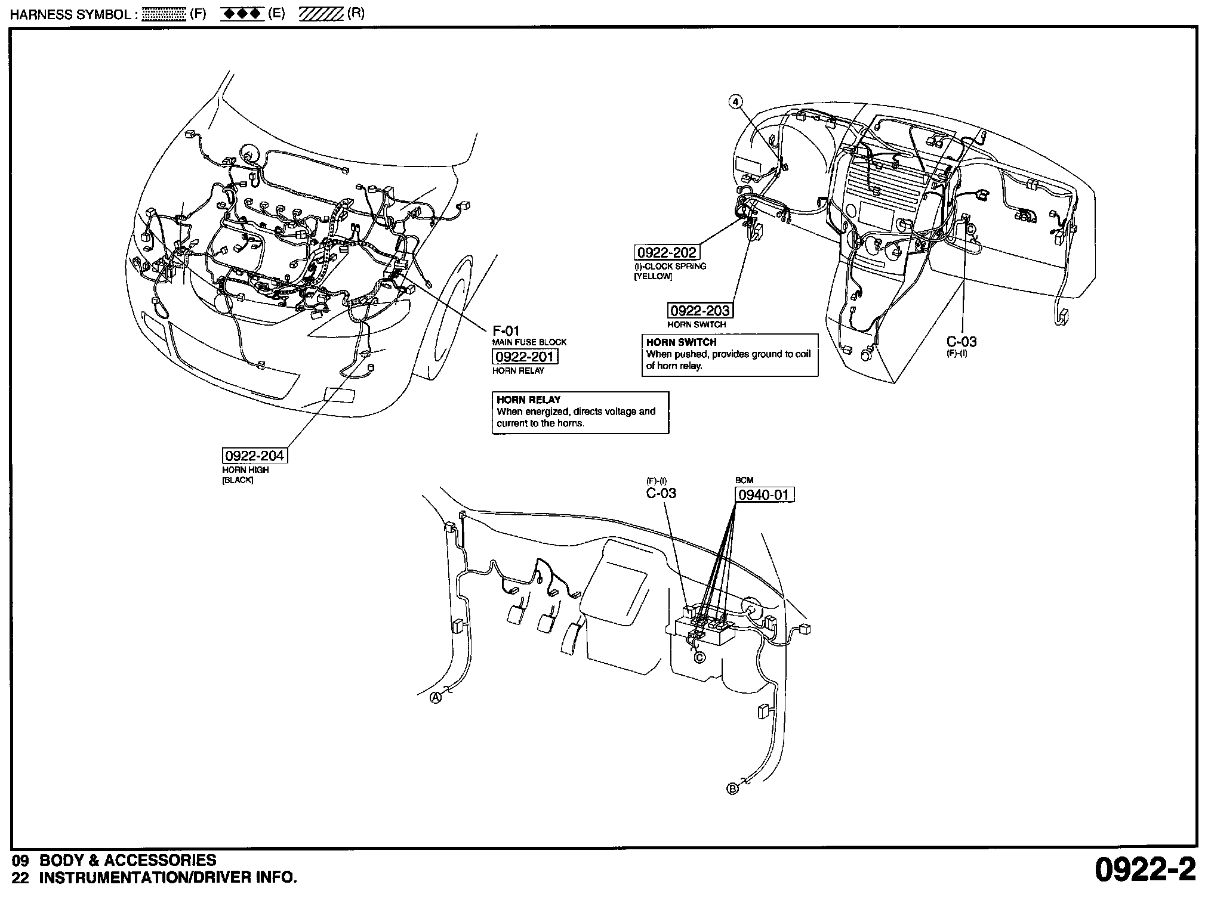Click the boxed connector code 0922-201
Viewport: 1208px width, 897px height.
525,357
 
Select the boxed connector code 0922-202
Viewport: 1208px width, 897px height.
667,252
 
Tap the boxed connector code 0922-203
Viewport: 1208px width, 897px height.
700,311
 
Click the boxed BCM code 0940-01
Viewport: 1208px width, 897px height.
764,494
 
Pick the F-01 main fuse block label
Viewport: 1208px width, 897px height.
506,330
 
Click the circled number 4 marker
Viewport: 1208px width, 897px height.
735,102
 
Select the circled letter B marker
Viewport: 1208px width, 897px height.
733,789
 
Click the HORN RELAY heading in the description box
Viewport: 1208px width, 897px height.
529,400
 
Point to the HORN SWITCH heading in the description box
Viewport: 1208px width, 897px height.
681,342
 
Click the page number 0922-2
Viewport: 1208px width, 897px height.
1145,871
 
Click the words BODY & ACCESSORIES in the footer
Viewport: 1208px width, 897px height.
128,860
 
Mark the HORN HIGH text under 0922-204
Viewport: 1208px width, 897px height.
245,470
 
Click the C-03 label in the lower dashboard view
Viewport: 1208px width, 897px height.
661,493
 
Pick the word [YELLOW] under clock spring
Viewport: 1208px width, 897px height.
653,277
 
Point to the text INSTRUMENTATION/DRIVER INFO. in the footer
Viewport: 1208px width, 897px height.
168,877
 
